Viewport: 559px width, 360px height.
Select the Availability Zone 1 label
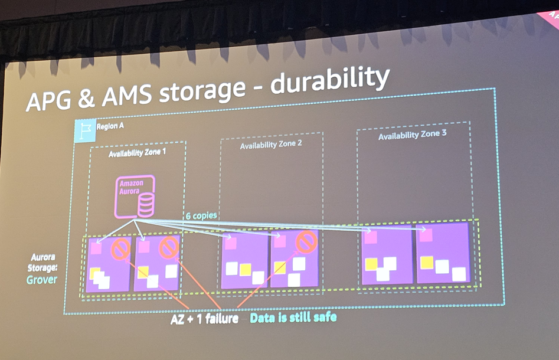click(136, 154)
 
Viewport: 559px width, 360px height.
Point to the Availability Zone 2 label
click(271, 145)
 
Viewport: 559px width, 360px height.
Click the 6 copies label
click(201, 216)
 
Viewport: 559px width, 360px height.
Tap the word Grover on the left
click(42, 279)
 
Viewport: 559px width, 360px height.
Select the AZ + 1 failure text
click(205, 319)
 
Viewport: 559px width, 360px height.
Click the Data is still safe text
click(293, 318)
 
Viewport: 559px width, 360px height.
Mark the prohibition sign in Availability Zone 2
click(306, 241)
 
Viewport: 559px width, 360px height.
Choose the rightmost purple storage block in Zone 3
click(443, 253)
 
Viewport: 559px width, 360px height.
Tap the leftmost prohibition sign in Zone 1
click(120, 250)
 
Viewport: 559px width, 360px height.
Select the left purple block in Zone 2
click(244, 260)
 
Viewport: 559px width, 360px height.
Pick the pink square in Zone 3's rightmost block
click(425, 234)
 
